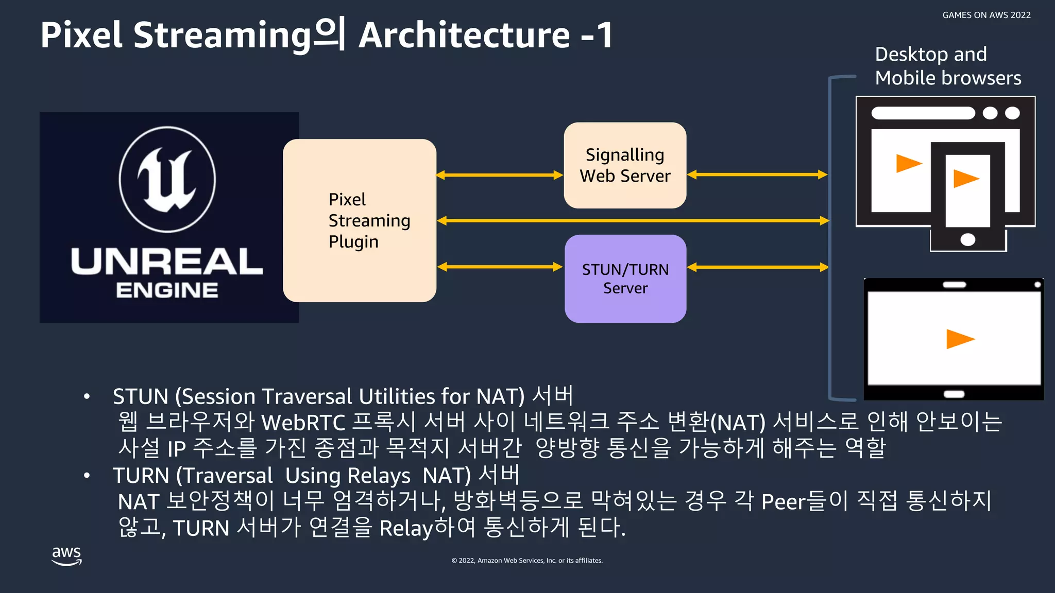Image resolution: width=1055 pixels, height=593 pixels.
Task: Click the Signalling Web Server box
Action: pyautogui.click(x=625, y=165)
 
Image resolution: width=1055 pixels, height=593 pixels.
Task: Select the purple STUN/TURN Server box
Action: pyautogui.click(x=625, y=278)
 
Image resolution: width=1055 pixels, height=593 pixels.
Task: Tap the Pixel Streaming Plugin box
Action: pyautogui.click(x=360, y=220)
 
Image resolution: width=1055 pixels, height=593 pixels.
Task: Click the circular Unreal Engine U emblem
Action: pyautogui.click(x=167, y=179)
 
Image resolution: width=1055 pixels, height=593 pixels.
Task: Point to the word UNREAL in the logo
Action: pyautogui.click(x=167, y=261)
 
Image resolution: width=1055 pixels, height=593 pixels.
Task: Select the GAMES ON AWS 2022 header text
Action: pyautogui.click(x=986, y=15)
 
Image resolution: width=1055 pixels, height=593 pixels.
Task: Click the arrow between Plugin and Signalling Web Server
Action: pyautogui.click(x=500, y=175)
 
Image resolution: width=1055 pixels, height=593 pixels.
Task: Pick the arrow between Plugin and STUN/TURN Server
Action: pyautogui.click(x=500, y=267)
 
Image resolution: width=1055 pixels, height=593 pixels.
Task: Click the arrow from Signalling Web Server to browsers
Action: pyautogui.click(x=757, y=175)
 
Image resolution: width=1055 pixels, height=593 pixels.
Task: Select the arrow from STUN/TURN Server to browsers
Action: pyautogui.click(x=757, y=267)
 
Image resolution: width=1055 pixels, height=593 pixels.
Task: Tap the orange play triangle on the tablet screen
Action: pyautogui.click(x=959, y=339)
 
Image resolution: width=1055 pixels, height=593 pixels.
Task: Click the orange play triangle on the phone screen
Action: pyautogui.click(x=965, y=179)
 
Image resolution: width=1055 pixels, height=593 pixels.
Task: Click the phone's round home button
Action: pyautogui.click(x=968, y=239)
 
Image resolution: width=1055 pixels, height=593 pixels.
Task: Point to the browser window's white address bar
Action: pyautogui.click(x=923, y=113)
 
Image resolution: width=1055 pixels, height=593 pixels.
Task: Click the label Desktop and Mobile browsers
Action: pyautogui.click(x=948, y=66)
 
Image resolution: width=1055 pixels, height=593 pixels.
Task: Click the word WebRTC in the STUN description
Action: pyautogui.click(x=303, y=423)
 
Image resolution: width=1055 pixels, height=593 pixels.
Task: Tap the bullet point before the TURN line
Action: pyautogui.click(x=87, y=476)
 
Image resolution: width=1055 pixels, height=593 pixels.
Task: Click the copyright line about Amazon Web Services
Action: pyautogui.click(x=527, y=561)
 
